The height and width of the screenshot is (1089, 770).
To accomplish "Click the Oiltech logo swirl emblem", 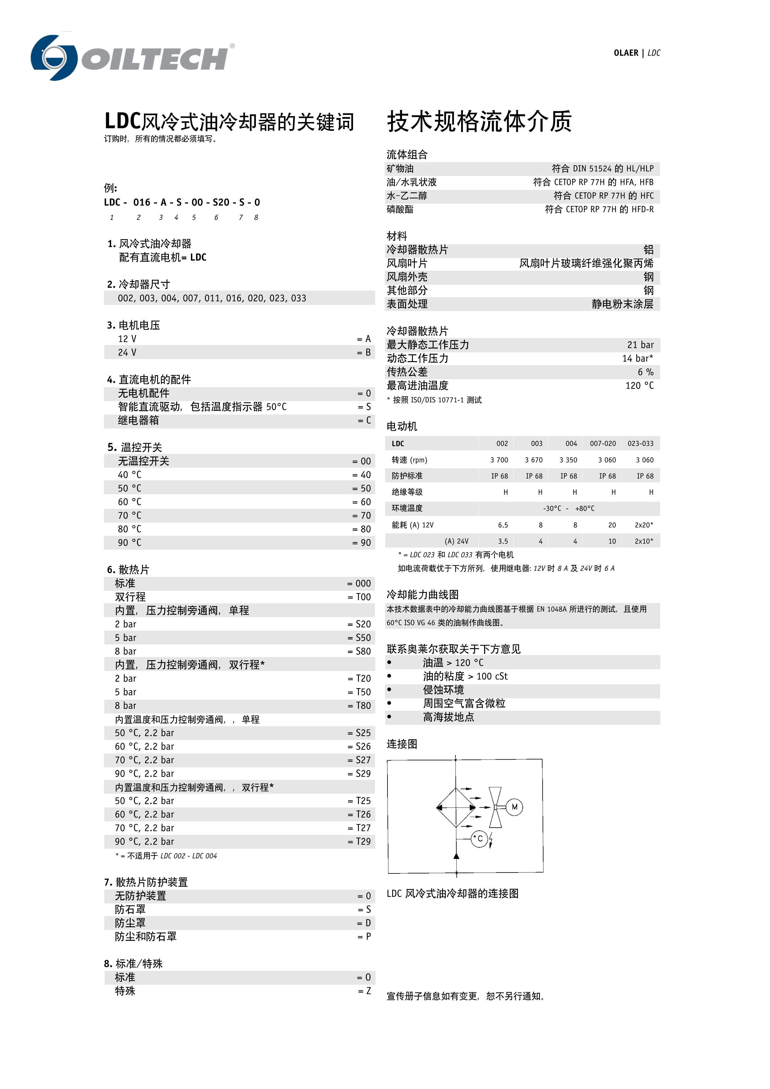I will (53, 57).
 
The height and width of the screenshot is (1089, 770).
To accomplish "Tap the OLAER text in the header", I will (626, 53).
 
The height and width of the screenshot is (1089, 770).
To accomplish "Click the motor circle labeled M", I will (514, 807).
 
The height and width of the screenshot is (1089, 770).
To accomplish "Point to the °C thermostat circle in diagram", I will (479, 839).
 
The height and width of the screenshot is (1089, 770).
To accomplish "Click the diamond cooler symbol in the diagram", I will (456, 807).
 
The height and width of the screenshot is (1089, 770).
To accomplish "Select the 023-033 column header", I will (640, 443).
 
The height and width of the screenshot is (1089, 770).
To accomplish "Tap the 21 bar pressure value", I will (640, 345).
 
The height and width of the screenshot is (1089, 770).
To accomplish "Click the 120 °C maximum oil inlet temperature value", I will (639, 386).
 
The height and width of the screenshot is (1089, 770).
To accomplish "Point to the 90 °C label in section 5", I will (129, 542).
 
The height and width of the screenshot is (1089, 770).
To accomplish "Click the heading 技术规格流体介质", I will (479, 121).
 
